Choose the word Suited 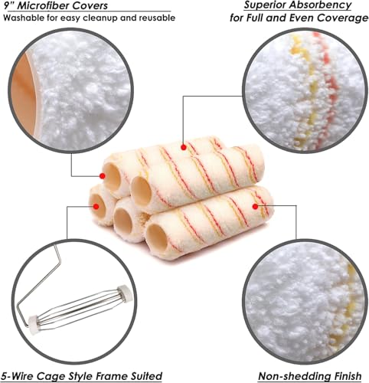(x=147, y=376)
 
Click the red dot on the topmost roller (x=184, y=147)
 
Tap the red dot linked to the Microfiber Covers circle (x=103, y=175)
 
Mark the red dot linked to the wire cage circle (x=96, y=206)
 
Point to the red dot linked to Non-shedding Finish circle (x=255, y=207)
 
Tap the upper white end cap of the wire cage (x=125, y=293)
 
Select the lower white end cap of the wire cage (x=34, y=325)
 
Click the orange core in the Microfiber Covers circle (x=24, y=94)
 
